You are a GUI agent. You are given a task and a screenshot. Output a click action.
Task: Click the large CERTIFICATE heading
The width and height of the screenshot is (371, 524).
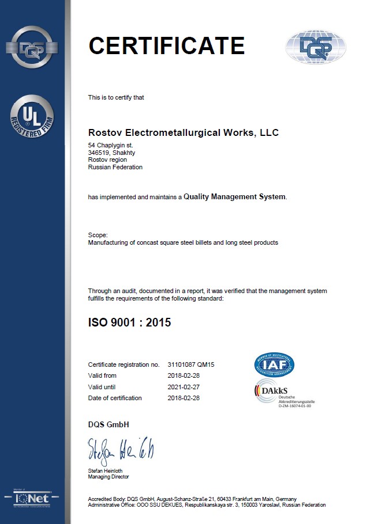coord(167,45)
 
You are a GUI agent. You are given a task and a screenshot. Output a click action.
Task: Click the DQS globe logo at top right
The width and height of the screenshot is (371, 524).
coord(316,46)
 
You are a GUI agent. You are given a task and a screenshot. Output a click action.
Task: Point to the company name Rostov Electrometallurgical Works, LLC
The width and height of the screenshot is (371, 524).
coord(183,133)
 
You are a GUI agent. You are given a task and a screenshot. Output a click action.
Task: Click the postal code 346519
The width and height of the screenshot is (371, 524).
coord(100,153)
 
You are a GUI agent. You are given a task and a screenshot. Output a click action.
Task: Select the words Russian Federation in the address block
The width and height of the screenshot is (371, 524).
coord(115,167)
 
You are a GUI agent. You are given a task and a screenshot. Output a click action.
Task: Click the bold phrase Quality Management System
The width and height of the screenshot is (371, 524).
coord(234,197)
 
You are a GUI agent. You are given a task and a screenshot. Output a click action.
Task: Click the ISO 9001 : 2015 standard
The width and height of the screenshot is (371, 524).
coord(129,322)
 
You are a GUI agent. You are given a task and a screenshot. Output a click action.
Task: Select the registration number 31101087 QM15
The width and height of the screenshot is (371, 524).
coord(191,364)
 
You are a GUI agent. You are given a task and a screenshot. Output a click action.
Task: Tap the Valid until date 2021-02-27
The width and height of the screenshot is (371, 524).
coord(183,386)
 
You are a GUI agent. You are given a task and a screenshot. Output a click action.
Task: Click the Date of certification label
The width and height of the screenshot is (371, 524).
coord(115,398)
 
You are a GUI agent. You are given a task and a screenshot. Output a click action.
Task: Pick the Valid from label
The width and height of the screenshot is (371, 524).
coord(102,375)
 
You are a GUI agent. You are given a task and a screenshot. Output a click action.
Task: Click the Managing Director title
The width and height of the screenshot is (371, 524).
coord(108,477)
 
